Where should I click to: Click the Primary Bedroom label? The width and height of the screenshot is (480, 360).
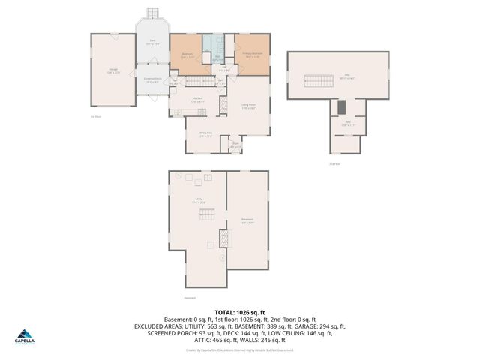(252, 55)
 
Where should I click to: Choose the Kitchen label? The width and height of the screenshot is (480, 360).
(198, 100)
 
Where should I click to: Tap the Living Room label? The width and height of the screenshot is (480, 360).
(250, 106)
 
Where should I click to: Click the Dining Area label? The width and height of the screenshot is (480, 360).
(204, 134)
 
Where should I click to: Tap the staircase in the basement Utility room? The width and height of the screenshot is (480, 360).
(208, 214)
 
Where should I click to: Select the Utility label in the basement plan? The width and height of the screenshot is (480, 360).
(199, 200)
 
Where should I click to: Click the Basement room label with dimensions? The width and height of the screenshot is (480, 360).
(247, 221)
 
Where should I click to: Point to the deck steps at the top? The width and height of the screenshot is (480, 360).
(152, 13)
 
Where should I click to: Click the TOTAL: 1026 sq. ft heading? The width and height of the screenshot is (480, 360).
(240, 312)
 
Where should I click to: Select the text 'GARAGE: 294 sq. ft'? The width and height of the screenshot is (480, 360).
(320, 326)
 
